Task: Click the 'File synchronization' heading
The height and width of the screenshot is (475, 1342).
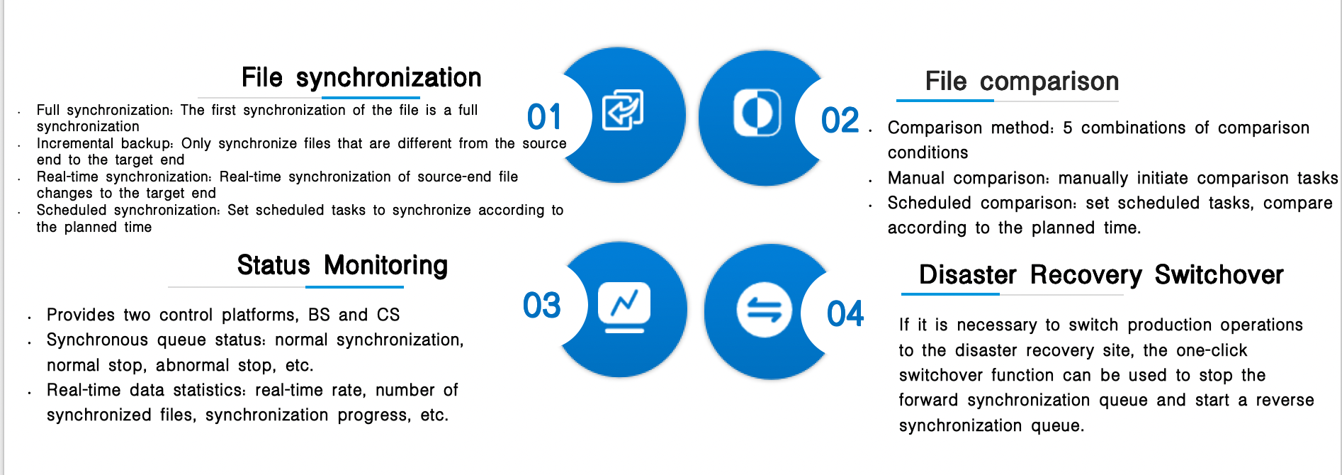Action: coord(361,78)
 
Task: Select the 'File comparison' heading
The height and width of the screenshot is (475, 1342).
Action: coord(1022,82)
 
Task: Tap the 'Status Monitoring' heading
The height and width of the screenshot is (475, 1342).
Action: coord(342,266)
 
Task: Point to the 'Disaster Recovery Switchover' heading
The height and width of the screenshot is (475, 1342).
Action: coord(1101,275)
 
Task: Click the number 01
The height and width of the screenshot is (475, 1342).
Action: coord(544,117)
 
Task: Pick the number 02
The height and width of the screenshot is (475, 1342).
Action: coord(840,121)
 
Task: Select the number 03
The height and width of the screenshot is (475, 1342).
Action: coord(542,306)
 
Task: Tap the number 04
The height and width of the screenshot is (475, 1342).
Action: coord(845,313)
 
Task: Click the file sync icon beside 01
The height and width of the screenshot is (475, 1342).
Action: coord(623,110)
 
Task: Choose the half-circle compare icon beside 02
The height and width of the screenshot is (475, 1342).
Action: coord(757,112)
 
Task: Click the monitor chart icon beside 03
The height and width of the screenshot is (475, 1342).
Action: coord(624,307)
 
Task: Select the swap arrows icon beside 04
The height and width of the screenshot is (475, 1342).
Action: coord(764,311)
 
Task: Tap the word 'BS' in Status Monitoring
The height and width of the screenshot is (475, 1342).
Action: coord(319,315)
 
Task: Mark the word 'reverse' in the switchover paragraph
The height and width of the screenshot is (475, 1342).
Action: coord(1285,401)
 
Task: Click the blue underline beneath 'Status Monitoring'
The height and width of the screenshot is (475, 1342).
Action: coord(354,287)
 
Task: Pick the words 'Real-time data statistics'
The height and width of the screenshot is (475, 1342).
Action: coord(146,390)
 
